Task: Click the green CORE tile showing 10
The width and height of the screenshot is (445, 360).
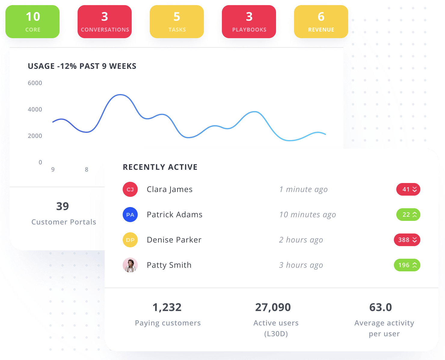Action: tap(32, 22)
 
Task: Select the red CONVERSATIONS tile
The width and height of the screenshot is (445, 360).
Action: tap(105, 22)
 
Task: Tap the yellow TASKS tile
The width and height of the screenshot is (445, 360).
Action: tap(177, 22)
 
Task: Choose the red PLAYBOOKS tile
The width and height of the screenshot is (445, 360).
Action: tap(249, 22)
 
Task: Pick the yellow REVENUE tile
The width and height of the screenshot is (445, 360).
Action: tap(321, 22)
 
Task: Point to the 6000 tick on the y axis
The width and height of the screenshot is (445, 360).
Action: tap(35, 83)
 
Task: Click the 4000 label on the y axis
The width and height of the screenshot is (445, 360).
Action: tap(35, 109)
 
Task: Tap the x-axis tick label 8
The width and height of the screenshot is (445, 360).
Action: tap(87, 169)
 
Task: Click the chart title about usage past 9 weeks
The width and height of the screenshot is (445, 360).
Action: tap(82, 66)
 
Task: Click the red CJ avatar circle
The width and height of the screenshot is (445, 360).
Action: tap(130, 189)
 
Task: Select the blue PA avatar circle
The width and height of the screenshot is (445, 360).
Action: tap(130, 215)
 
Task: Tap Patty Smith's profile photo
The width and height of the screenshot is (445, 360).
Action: tap(130, 265)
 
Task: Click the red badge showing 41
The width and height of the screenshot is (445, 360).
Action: tap(408, 189)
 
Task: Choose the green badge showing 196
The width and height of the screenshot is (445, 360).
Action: tap(407, 265)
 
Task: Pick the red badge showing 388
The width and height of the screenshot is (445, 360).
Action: tap(407, 240)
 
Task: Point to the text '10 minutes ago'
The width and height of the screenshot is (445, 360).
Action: tap(307, 215)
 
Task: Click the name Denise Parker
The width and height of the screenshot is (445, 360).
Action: tap(174, 240)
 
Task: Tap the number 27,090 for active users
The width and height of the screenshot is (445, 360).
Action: tap(273, 307)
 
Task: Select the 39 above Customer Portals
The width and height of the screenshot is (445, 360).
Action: tap(63, 206)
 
